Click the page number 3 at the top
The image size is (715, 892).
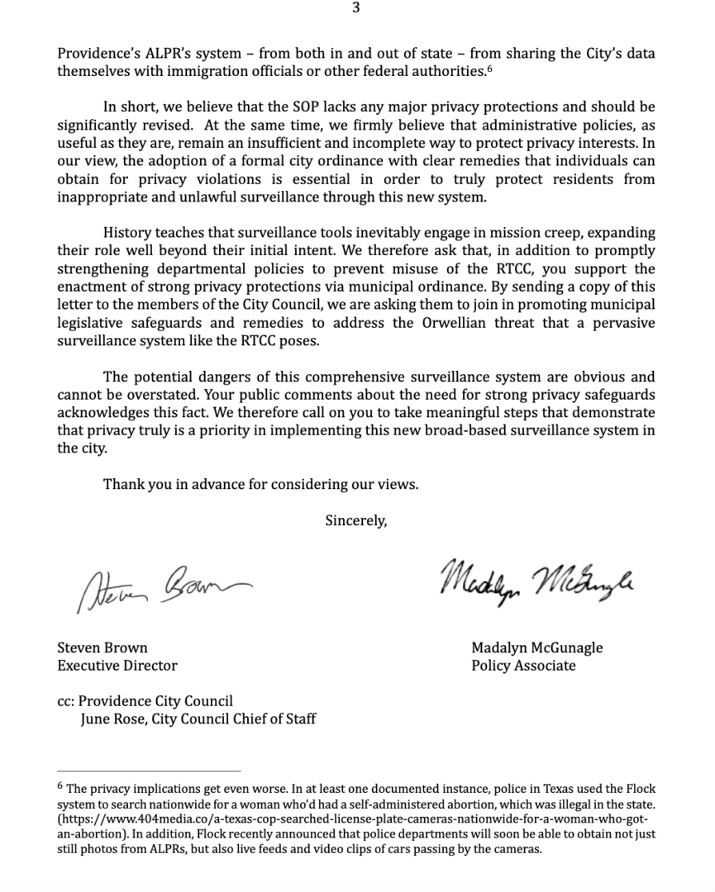[355, 8]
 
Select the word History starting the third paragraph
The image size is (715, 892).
[128, 232]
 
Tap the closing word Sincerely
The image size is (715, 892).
[355, 520]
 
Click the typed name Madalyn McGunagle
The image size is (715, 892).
[536, 648]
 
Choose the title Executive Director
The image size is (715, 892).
[117, 665]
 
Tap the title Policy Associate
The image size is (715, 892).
[523, 665]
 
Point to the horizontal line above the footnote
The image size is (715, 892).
[149, 771]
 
